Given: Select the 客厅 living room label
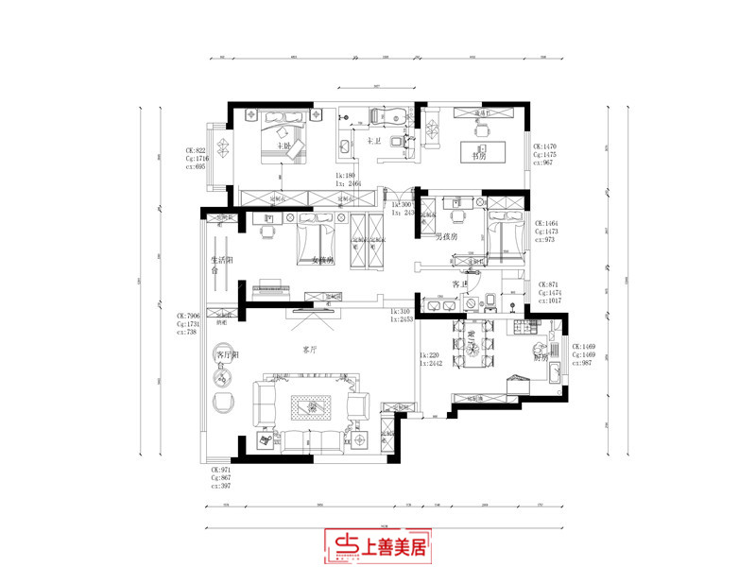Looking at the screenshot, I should coord(309,349).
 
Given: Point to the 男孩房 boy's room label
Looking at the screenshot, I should coord(446,236).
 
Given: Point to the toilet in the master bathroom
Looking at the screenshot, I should coord(408,144).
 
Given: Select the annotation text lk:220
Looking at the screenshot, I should coord(430,355).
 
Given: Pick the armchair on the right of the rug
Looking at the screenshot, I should coord(358,407).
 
